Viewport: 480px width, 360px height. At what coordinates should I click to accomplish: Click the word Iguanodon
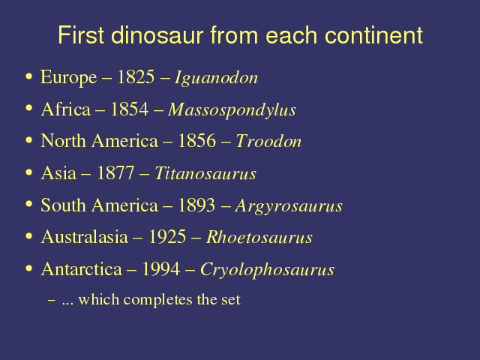click(216, 78)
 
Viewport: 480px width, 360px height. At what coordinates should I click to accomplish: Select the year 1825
click(136, 76)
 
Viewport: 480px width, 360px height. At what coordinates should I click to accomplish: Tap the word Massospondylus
click(232, 110)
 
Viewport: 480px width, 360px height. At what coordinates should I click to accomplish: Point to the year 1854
click(130, 109)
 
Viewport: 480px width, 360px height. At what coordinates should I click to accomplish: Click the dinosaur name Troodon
click(268, 141)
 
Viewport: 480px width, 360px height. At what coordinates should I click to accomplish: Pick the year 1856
click(196, 141)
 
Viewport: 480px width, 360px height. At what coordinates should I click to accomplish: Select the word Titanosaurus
click(205, 173)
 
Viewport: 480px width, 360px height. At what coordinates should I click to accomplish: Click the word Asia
click(58, 173)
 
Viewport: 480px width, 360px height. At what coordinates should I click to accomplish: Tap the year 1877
click(115, 173)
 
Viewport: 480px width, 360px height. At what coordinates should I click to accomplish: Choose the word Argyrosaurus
click(289, 206)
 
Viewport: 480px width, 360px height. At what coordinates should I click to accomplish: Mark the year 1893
click(196, 205)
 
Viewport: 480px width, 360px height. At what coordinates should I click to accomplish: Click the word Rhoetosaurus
click(259, 237)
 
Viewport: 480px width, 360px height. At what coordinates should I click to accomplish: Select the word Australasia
click(85, 237)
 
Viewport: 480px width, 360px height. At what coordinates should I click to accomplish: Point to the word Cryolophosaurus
click(267, 270)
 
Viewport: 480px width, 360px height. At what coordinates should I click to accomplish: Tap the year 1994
click(161, 269)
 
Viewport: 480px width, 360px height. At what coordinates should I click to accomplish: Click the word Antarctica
click(82, 269)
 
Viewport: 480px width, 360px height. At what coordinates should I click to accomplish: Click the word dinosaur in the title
click(157, 35)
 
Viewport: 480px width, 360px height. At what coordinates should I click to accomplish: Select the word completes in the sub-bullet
click(158, 300)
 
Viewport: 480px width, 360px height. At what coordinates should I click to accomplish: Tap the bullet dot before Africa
click(29, 108)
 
